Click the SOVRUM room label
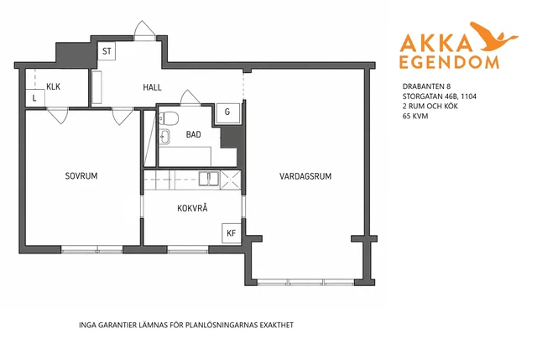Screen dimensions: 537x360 (x=81, y=176)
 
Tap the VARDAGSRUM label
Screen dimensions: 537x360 (x=305, y=176)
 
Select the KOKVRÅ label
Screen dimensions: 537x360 (x=192, y=208)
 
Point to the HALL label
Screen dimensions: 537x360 (x=152, y=87)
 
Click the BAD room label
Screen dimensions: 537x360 (x=194, y=134)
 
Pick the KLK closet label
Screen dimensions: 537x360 (x=54, y=86)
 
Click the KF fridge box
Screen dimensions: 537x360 (x=232, y=233)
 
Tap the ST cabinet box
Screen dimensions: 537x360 (x=107, y=51)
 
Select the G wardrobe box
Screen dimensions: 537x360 (x=227, y=112)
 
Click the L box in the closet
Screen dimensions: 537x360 (x=35, y=98)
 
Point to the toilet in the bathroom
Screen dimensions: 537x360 (x=169, y=118)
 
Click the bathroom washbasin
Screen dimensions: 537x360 (x=164, y=137)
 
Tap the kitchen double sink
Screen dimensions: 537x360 (x=209, y=179)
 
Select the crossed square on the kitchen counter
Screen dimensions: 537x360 (x=231, y=180)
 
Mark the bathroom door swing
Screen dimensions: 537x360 (x=190, y=97)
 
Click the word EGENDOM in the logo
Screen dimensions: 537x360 (x=449, y=62)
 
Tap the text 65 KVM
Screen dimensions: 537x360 (x=415, y=116)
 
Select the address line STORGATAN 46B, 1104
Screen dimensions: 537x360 (x=440, y=97)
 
